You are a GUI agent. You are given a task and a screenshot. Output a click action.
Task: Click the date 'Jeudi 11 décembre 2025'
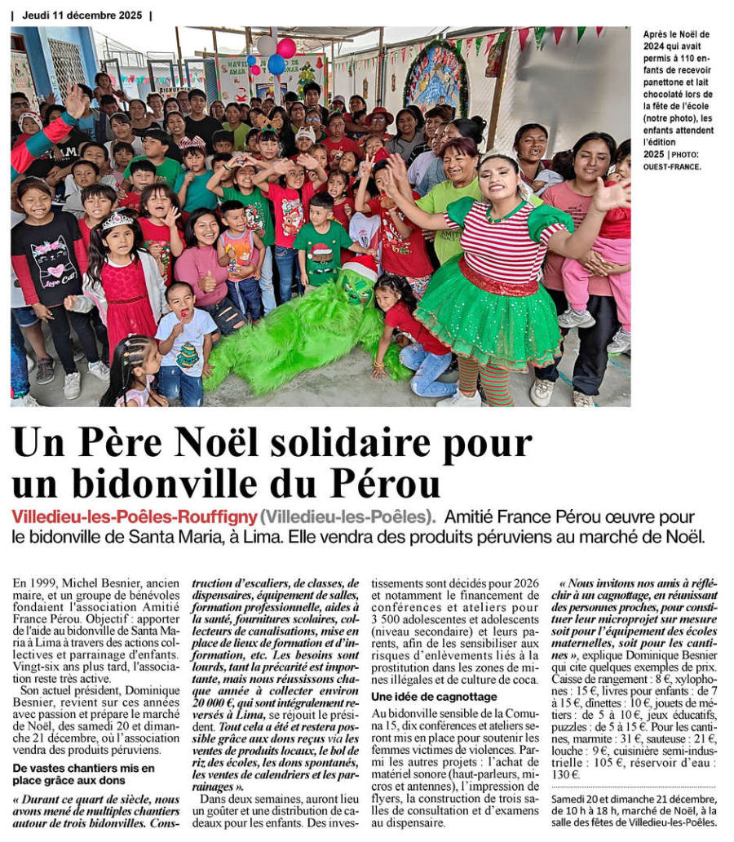click(x=82, y=15)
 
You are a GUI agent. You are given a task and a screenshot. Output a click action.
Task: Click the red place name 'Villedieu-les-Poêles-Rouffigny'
click(x=134, y=517)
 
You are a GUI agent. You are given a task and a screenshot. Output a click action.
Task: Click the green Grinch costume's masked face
click(x=356, y=286)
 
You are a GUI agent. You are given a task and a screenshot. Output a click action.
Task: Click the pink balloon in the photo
click(x=286, y=47)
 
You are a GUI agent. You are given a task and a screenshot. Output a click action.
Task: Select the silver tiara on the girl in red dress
click(x=117, y=220)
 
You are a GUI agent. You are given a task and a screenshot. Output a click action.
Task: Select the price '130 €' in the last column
click(x=564, y=774)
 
